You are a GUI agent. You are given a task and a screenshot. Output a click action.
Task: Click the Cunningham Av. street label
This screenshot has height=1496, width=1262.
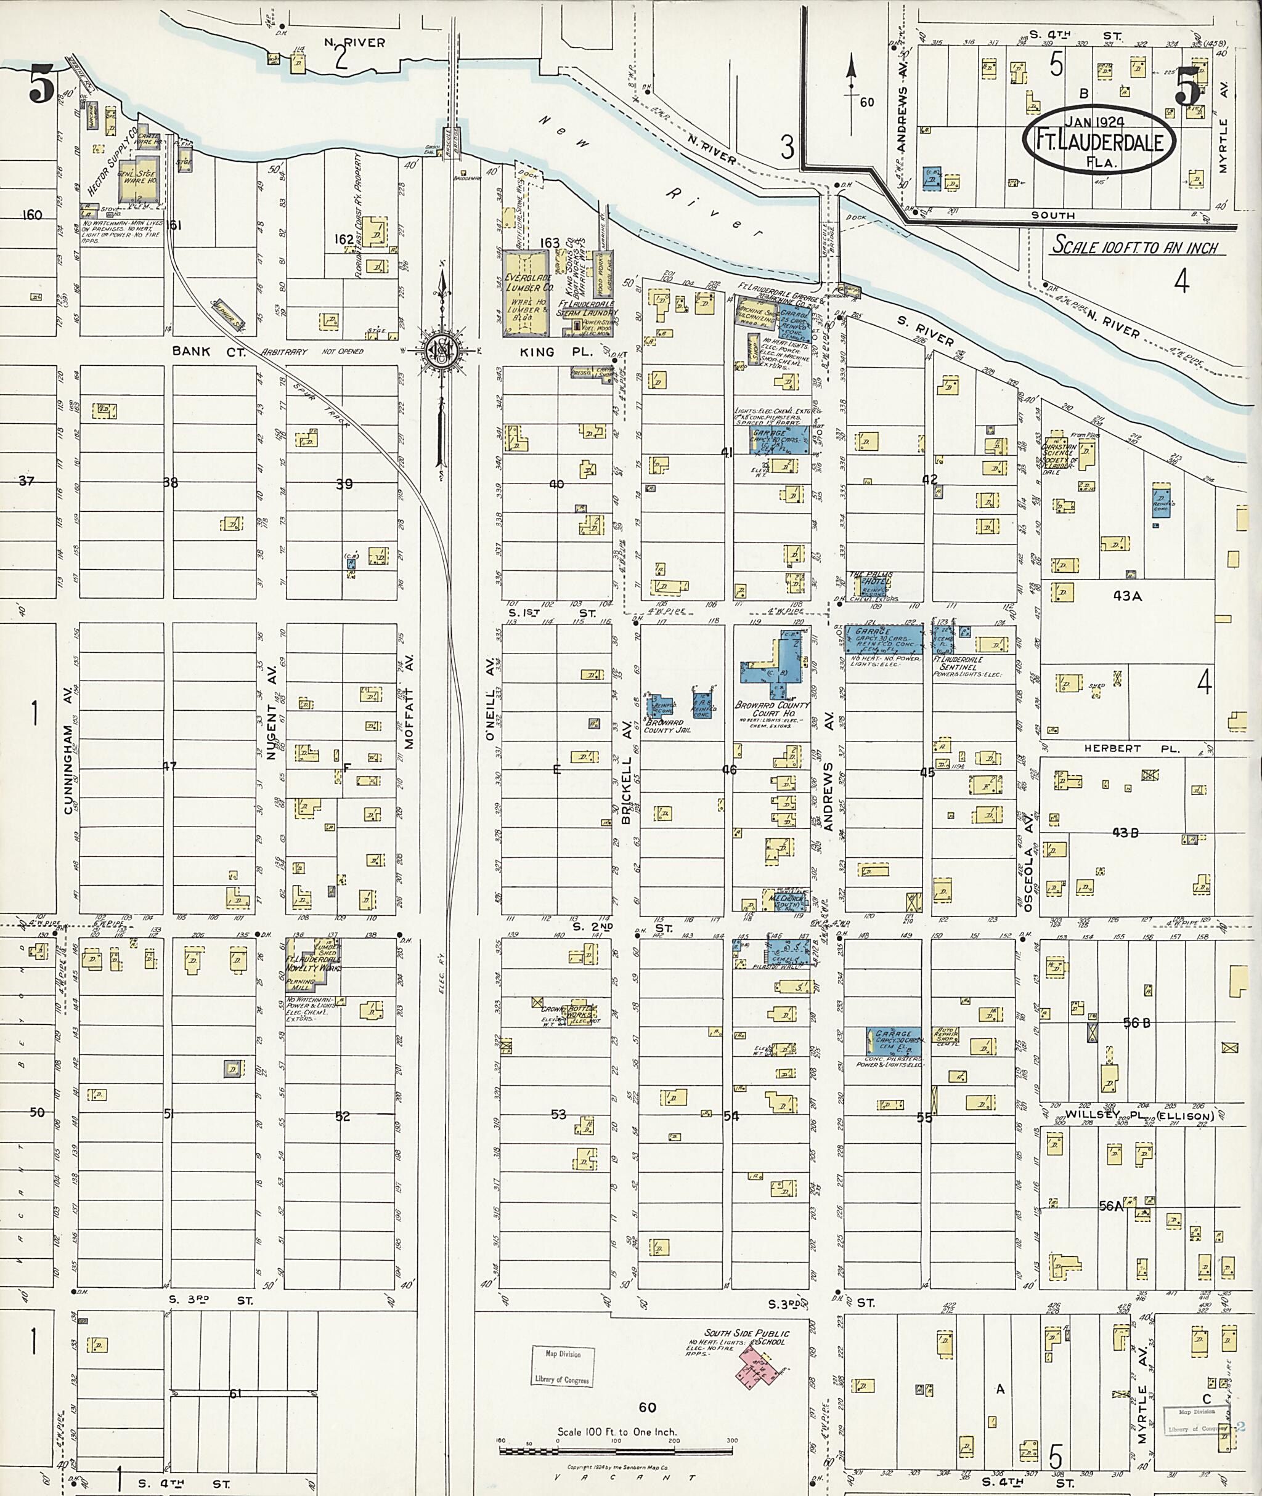pos(68,769)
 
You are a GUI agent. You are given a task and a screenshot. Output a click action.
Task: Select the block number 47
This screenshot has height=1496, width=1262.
pos(169,767)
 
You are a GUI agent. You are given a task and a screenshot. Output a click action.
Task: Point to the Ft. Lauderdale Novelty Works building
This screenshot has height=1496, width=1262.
pos(312,962)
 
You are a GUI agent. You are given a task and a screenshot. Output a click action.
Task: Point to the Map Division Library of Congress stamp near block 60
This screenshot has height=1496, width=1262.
pos(563,1367)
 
